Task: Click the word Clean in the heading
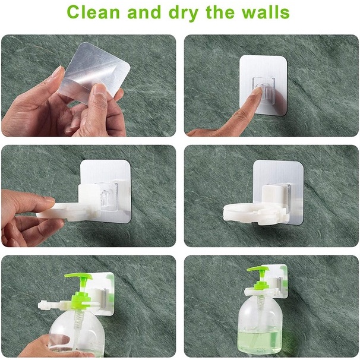(93, 12)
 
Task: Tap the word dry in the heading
(184, 13)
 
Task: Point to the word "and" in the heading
(144, 12)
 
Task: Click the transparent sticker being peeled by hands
(94, 72)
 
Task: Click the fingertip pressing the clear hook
(258, 90)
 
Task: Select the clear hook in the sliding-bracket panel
(109, 197)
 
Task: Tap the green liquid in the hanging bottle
(259, 342)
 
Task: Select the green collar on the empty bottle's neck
(78, 301)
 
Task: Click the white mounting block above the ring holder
(273, 195)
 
